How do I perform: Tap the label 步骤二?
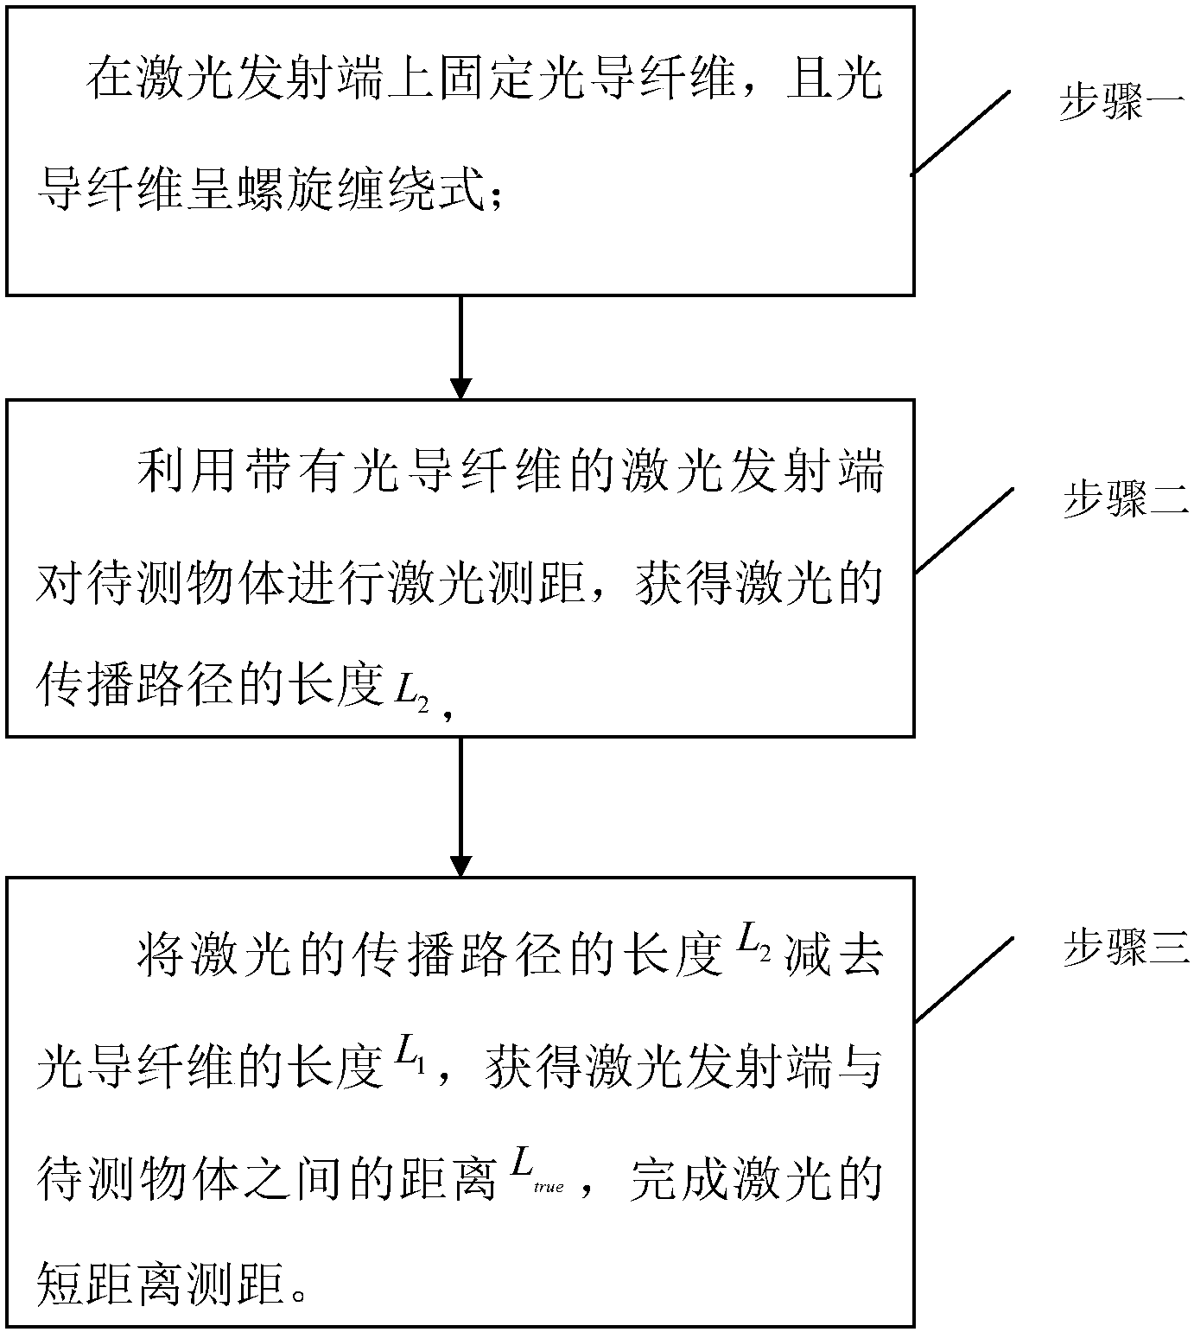point(1126,500)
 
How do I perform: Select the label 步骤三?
point(1126,949)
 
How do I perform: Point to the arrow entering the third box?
point(461,807)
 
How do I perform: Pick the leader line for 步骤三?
point(963,979)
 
